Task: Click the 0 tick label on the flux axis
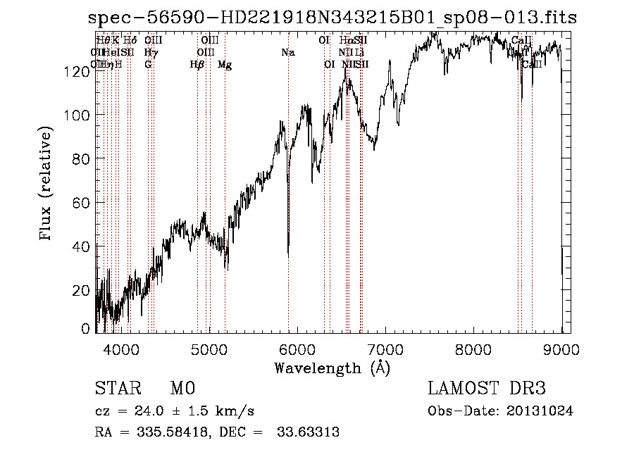(x=87, y=328)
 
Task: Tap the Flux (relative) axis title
(x=47, y=184)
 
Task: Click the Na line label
(x=287, y=53)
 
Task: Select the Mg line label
(x=225, y=65)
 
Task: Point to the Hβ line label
(x=197, y=65)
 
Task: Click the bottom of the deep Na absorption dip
(x=288, y=256)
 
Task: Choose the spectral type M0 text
(x=182, y=389)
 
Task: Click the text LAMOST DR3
(x=487, y=389)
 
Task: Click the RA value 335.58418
(x=173, y=432)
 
